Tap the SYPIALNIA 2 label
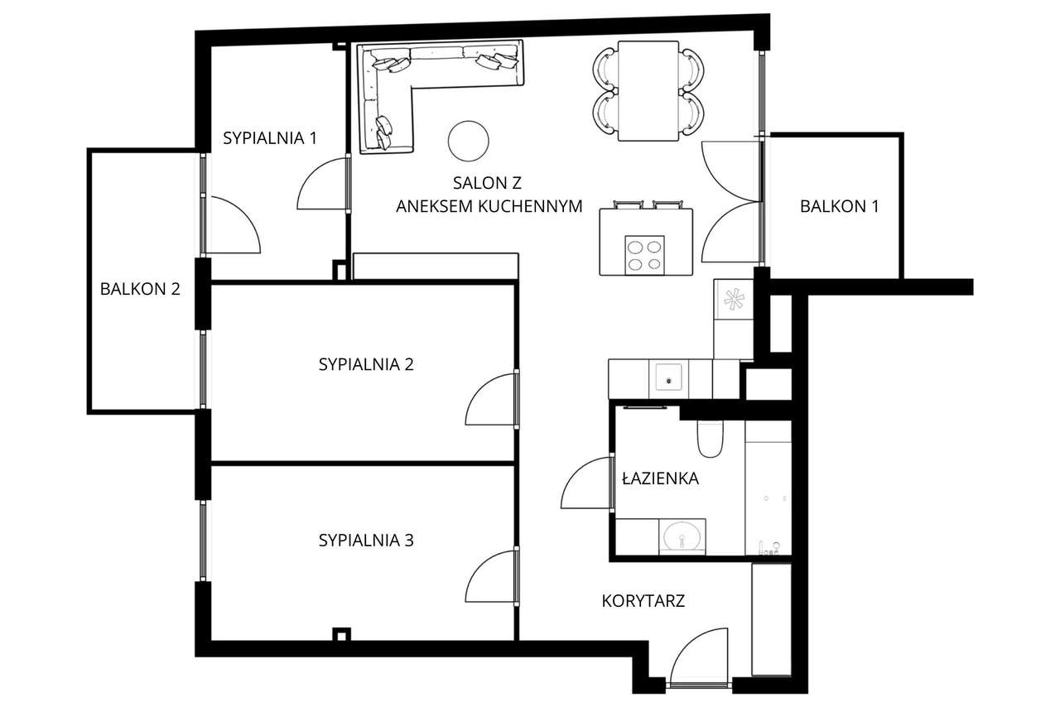[365, 364]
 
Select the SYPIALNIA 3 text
[365, 541]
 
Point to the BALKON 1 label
[839, 207]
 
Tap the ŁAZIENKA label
[660, 478]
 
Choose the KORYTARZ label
[643, 601]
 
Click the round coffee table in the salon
[469, 141]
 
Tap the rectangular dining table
[648, 91]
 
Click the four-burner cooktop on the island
[645, 254]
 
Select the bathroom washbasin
[682, 536]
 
